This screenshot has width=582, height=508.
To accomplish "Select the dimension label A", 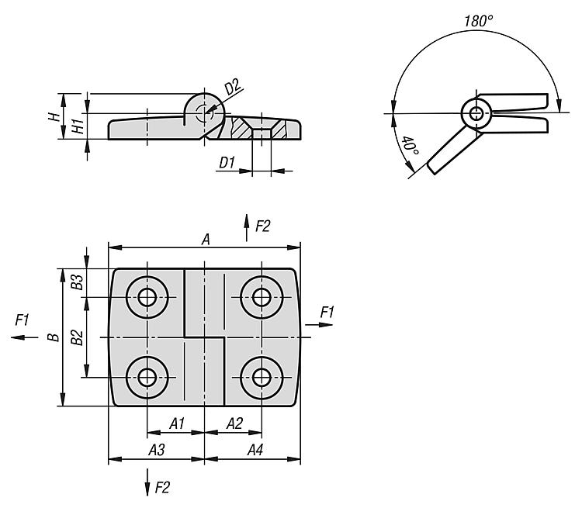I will (x=206, y=240).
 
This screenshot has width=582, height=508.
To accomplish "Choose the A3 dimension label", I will (x=156, y=450).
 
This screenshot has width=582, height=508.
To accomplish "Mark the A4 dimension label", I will (x=255, y=450).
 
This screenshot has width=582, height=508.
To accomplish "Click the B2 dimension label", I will (x=76, y=337).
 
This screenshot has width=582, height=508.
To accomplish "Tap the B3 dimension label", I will (x=76, y=282).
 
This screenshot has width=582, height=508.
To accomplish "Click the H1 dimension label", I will (x=77, y=126).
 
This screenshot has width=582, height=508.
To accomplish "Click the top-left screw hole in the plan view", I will (x=147, y=296).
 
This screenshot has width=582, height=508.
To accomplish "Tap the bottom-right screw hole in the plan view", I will (x=262, y=378).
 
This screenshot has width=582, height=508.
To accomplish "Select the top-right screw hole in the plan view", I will (x=262, y=296).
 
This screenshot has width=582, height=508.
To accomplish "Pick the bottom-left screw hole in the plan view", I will (x=147, y=378).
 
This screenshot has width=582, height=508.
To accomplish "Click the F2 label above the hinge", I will (x=262, y=226).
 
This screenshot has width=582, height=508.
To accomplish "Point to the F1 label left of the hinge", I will (x=22, y=319).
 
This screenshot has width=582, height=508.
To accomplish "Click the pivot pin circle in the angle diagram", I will (x=476, y=114).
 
